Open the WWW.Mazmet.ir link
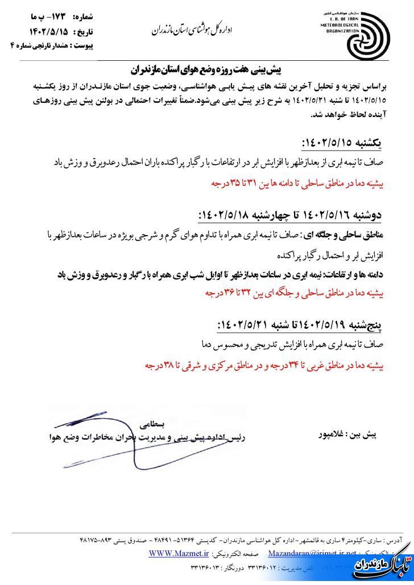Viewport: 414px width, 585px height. tap(177, 552)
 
